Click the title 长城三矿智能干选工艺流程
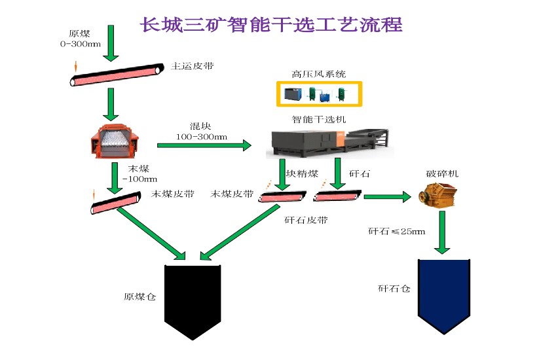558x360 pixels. (271, 25)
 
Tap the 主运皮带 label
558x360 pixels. (192, 66)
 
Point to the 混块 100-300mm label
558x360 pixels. (201, 131)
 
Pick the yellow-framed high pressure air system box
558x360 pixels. (319, 94)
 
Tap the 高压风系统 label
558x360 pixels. (318, 75)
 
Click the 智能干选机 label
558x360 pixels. (318, 120)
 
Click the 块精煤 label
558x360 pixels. (303, 173)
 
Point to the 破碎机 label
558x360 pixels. (443, 174)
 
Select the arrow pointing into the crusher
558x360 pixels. (391, 196)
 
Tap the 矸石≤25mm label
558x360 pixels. (396, 231)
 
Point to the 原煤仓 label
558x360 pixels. (139, 297)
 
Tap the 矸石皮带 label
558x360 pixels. (306, 220)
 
